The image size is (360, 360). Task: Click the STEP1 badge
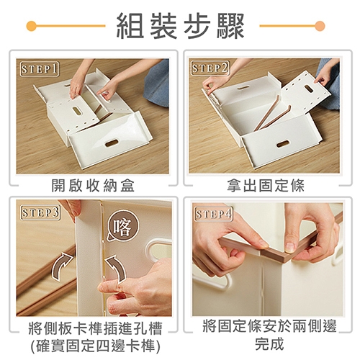click(x=39, y=70)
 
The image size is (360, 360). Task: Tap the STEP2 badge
click(x=210, y=68)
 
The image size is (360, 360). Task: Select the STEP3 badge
click(x=40, y=212)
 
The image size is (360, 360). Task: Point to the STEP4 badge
click(x=213, y=214)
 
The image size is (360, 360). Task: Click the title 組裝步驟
click(x=180, y=26)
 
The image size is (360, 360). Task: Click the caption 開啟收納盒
click(x=93, y=185)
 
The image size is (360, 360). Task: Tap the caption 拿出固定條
click(x=266, y=185)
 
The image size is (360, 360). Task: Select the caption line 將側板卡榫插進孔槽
click(x=96, y=328)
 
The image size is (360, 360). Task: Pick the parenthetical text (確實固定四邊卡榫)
click(x=96, y=346)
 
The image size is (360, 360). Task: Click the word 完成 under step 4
click(x=269, y=343)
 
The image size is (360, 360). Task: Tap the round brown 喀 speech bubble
click(x=122, y=225)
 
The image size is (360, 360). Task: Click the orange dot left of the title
click(x=32, y=26)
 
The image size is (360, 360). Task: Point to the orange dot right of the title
click(x=320, y=26)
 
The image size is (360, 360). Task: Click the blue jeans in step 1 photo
click(x=157, y=84)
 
